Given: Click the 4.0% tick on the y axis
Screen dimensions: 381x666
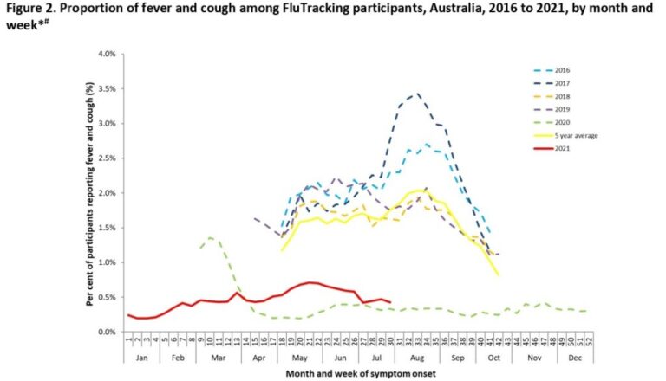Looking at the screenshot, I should click(x=107, y=54).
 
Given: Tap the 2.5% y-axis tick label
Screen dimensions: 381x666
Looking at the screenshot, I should click(x=107, y=158).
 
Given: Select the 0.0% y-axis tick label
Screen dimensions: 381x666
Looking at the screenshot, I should click(x=107, y=332).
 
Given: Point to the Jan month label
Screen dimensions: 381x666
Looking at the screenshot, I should click(x=141, y=357).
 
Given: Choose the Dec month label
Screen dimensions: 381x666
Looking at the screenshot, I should click(x=573, y=357).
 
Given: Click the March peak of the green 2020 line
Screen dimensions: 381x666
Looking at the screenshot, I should click(x=211, y=236).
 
